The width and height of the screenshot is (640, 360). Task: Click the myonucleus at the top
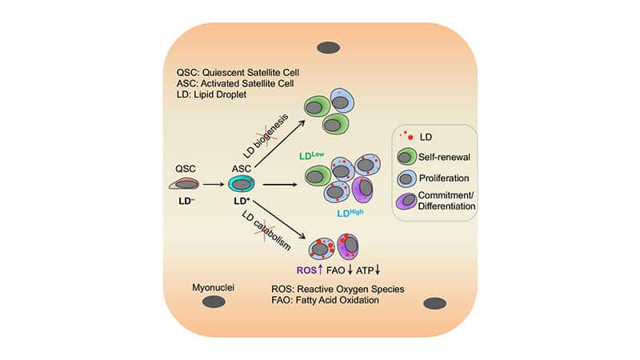coord(328,47)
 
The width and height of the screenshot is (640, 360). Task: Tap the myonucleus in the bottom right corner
coord(434,303)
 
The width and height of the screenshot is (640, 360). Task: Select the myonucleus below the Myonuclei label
coord(214,302)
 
